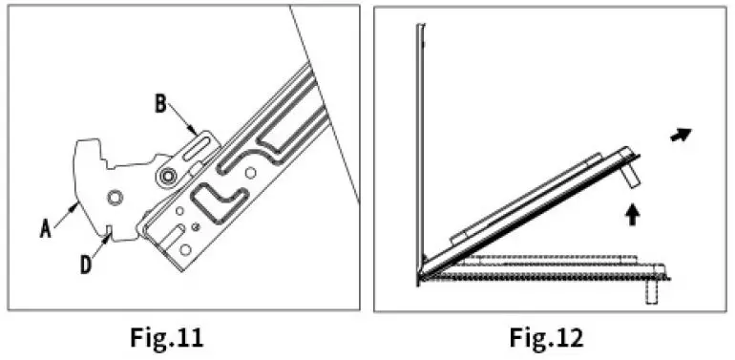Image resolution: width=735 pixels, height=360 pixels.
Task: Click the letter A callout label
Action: (45, 226)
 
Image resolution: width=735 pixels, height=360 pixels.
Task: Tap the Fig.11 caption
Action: (167, 336)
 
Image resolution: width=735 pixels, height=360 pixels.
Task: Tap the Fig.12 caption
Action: (545, 336)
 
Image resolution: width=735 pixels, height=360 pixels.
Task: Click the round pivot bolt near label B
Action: (169, 175)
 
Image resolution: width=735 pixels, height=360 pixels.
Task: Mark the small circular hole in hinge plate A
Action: (115, 197)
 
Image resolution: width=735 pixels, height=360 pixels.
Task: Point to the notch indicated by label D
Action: (111, 229)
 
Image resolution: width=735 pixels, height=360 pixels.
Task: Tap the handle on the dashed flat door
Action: (651, 289)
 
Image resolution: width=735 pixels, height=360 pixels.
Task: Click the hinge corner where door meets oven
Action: (421, 276)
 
